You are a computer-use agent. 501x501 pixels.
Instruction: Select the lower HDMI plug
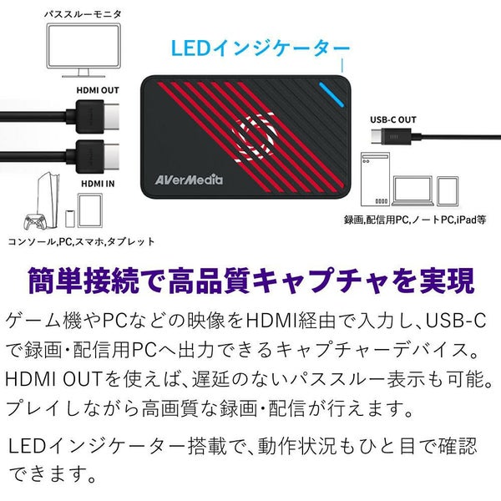[96, 154]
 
